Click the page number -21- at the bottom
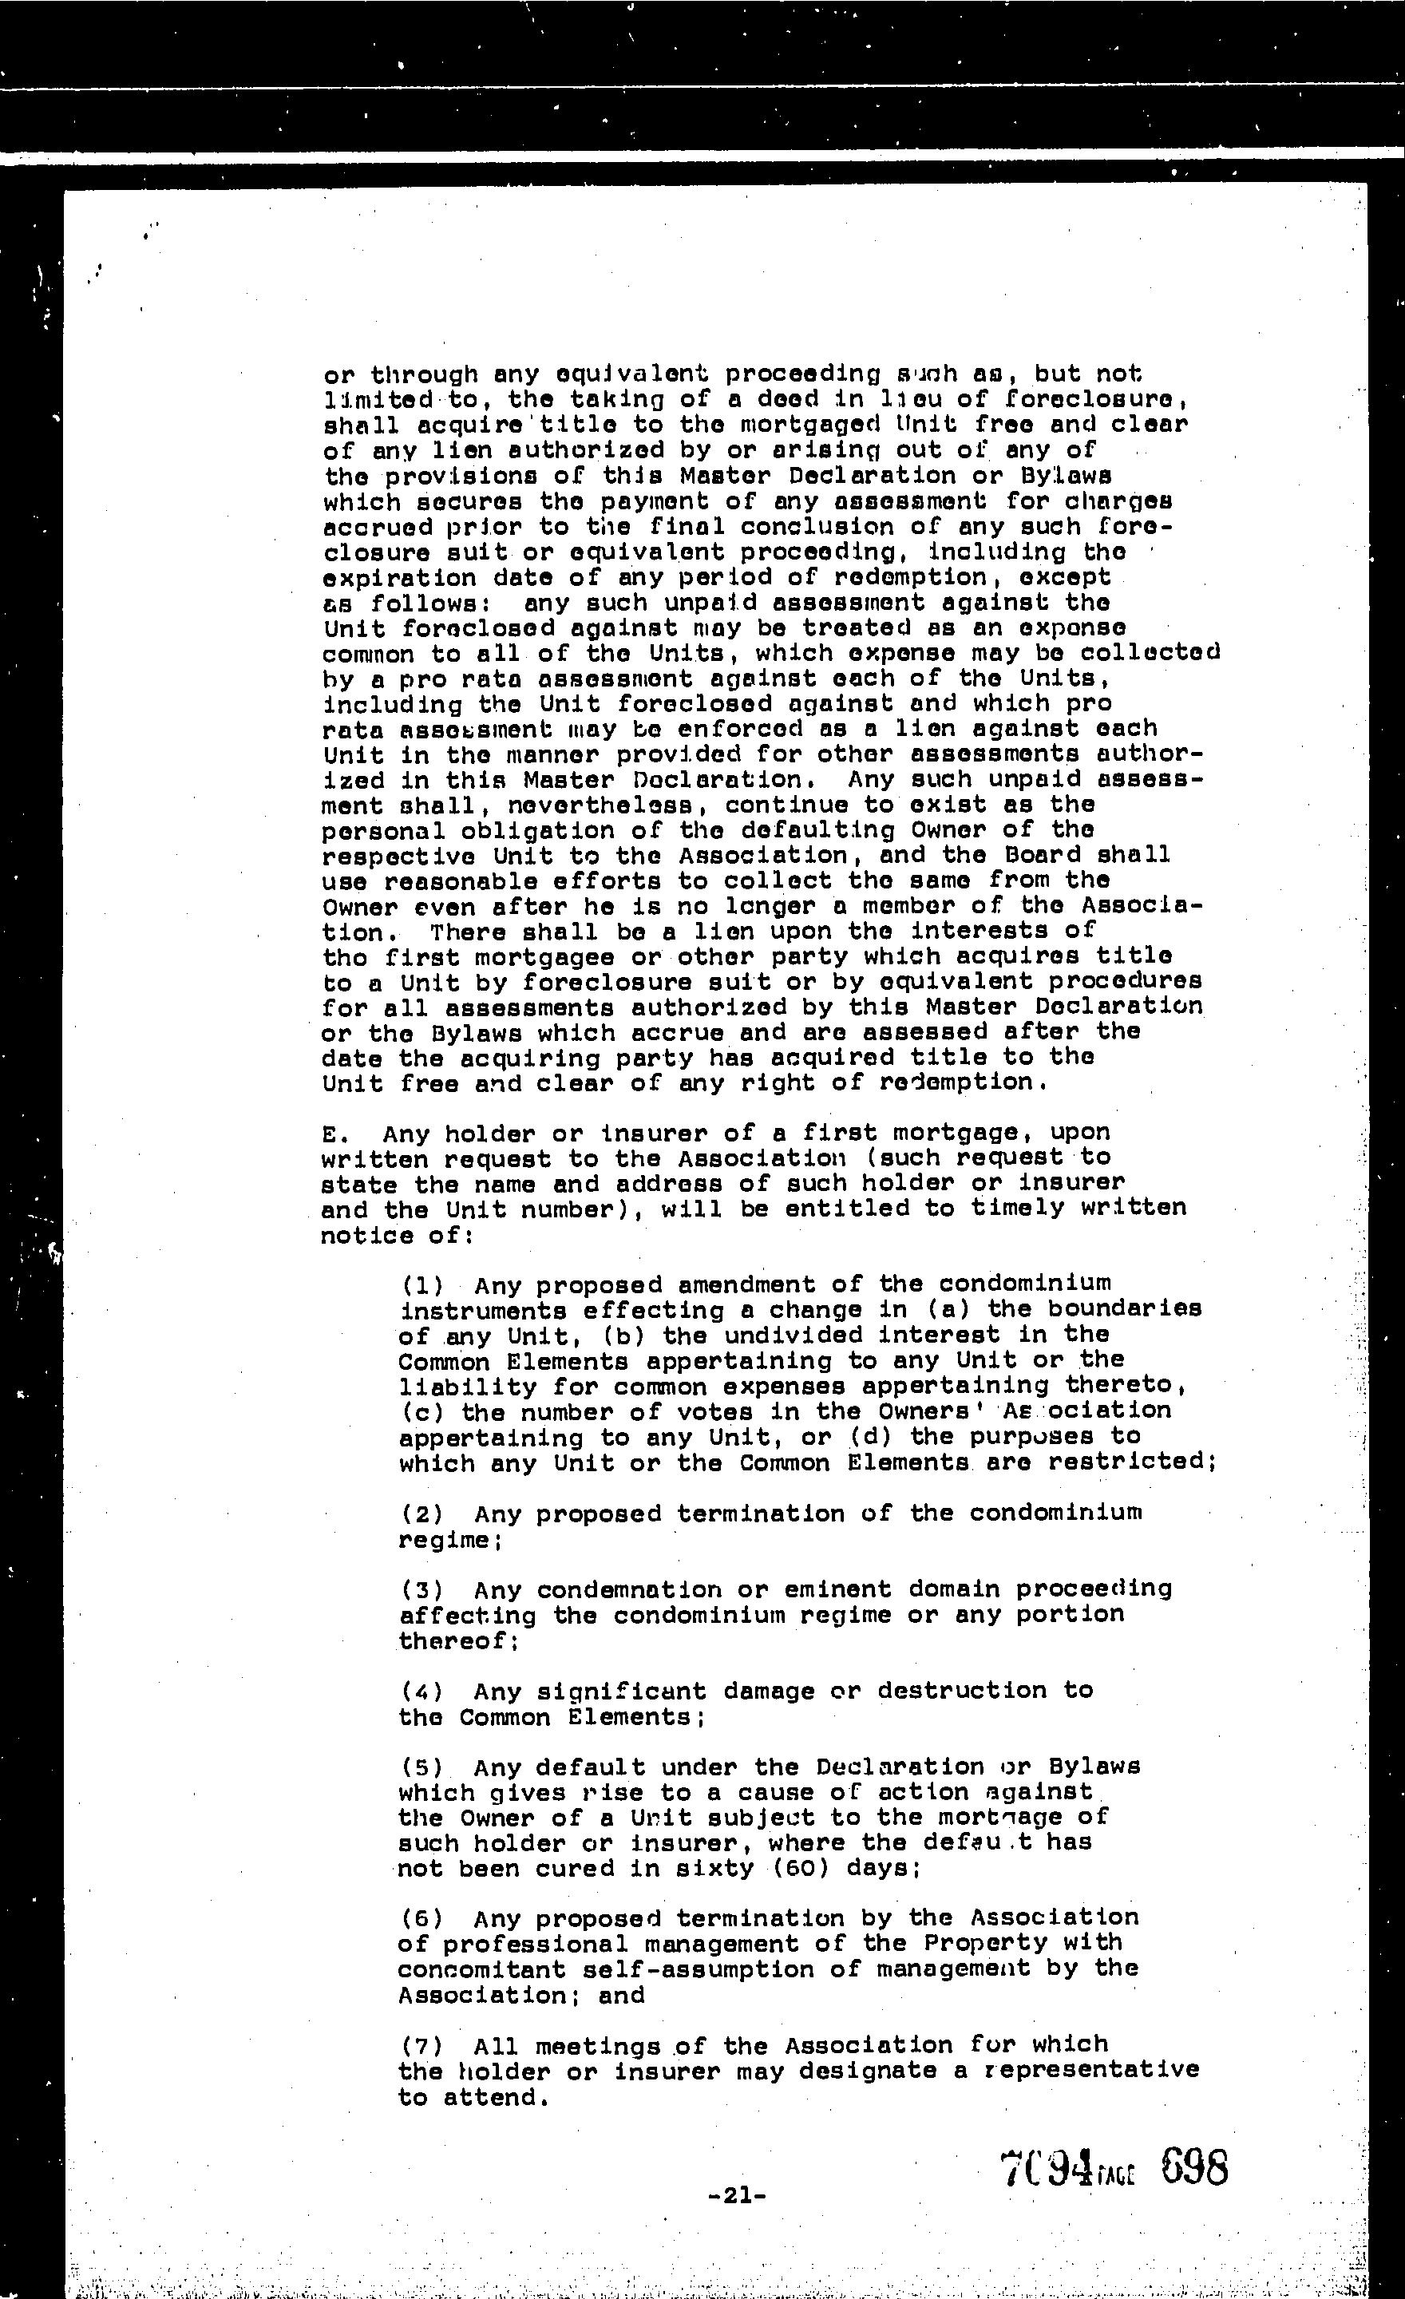pos(737,2196)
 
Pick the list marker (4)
pos(421,1692)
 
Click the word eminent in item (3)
pos(829,1589)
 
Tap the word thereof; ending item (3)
pos(458,1641)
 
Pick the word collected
pos(1150,653)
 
